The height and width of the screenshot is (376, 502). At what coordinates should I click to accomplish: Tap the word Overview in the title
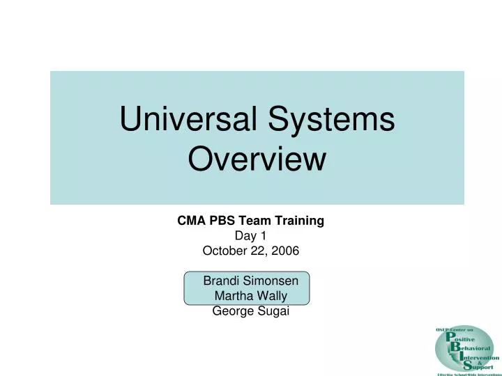257,161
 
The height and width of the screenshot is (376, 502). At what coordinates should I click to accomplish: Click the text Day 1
250,235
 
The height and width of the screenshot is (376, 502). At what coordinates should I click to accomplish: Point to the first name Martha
233,296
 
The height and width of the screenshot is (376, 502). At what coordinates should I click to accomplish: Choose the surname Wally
272,296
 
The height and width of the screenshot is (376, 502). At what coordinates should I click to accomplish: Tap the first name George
231,311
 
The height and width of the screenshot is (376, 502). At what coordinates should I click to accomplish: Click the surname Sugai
273,311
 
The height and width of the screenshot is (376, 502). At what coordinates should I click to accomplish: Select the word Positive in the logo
463,336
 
